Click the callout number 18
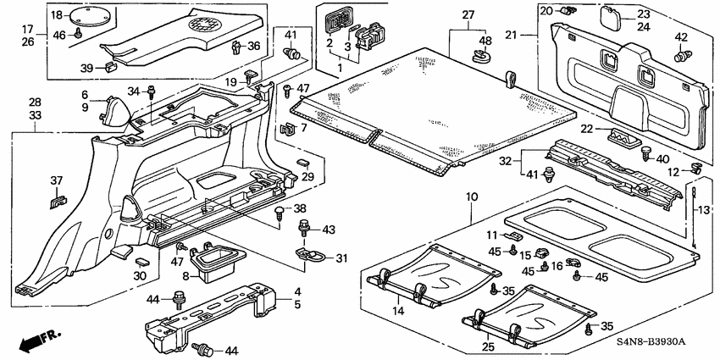tap(56, 15)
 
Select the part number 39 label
tap(86, 68)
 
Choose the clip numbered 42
tap(680, 57)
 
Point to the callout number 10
tap(471, 197)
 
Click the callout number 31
tap(341, 259)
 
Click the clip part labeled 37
tap(57, 200)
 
